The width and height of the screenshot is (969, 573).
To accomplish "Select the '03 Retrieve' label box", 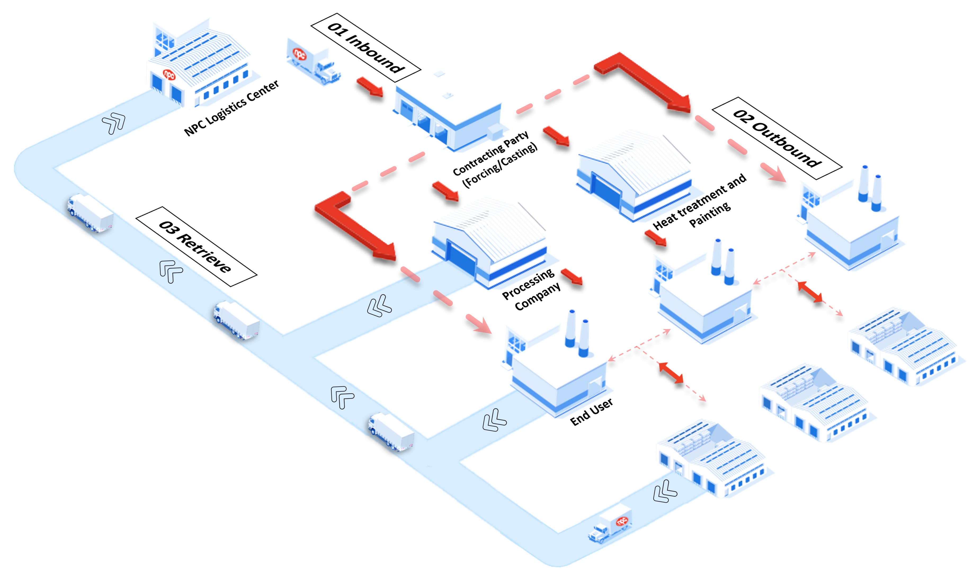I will (x=196, y=246).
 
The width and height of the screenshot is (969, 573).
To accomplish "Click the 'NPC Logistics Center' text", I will (x=231, y=108).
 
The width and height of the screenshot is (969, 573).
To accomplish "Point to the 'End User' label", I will (x=591, y=412).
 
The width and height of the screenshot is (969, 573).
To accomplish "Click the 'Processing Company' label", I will (x=531, y=290).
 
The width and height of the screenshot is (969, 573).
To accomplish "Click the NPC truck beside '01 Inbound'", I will (x=313, y=62).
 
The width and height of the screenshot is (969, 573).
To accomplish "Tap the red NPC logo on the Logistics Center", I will (x=169, y=74).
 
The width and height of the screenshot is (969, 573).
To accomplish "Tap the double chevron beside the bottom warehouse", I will (x=664, y=491).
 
